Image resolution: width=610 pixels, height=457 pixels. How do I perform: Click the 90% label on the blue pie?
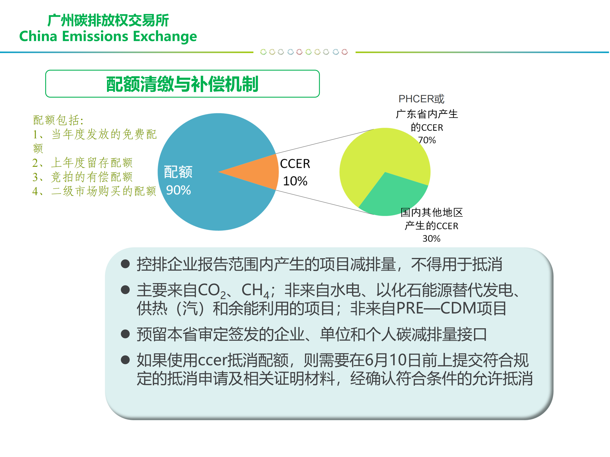pos(178,190)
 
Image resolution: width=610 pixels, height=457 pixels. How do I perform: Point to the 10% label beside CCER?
pos(295,181)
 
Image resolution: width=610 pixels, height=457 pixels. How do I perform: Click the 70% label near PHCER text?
pos(427,140)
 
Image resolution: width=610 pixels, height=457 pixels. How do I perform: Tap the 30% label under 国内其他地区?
pos(431,239)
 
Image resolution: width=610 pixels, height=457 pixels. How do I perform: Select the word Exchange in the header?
pos(165,36)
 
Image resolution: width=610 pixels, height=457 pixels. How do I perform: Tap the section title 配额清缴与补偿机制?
pos(182,84)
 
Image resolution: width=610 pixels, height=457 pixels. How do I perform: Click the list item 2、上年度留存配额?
pos(82,162)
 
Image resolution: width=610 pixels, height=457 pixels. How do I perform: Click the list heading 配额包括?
pos(58,120)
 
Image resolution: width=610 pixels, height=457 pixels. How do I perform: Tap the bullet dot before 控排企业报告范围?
pos(126,264)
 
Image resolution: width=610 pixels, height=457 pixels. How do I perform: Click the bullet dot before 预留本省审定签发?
pos(126,334)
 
